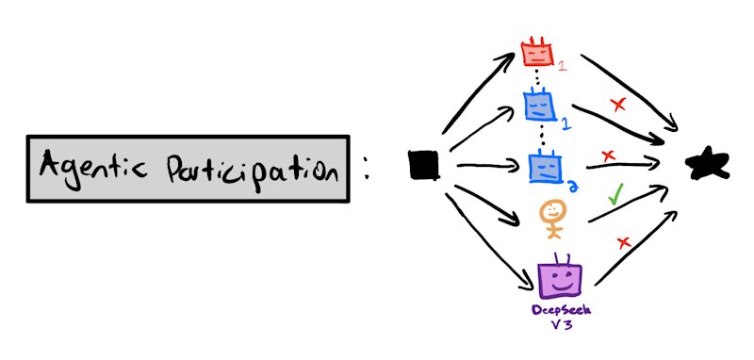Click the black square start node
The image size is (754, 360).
423,165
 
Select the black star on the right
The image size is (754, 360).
708,164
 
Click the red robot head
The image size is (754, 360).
538,53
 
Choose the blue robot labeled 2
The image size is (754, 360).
545,168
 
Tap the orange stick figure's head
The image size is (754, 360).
552,211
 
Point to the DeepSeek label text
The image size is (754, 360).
561,310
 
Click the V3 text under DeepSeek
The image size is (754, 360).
561,324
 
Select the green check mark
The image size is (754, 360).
615,194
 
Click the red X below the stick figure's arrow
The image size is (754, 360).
624,243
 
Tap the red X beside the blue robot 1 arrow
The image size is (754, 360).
617,105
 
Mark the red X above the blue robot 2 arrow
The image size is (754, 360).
608,155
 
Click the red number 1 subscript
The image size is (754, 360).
562,66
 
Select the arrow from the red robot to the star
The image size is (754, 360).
630,92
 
